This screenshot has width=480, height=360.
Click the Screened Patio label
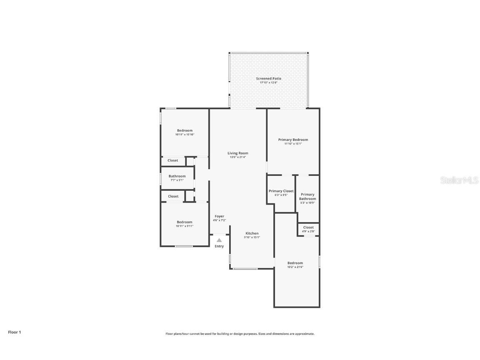click(268, 78)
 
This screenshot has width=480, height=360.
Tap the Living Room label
click(237, 153)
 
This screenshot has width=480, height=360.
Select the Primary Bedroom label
click(293, 140)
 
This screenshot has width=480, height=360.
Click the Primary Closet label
click(281, 191)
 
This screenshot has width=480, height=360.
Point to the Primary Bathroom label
click(307, 196)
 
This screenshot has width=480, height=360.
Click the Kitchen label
click(252, 233)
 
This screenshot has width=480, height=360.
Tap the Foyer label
click(219, 216)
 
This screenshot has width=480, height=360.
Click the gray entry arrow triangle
click(219, 240)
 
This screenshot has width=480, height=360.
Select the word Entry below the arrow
click(219, 246)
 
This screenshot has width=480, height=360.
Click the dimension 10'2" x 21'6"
click(295, 267)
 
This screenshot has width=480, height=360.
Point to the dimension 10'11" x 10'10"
click(185, 135)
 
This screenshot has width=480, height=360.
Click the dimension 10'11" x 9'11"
click(185, 226)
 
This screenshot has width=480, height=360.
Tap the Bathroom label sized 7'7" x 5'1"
click(177, 176)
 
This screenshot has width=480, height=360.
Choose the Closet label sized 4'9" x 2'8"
click(308, 227)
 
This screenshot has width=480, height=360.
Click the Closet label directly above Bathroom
click(172, 160)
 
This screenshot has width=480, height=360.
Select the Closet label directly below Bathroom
click(173, 196)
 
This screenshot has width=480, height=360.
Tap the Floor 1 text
click(14, 332)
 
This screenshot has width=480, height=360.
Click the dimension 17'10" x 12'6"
click(268, 82)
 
